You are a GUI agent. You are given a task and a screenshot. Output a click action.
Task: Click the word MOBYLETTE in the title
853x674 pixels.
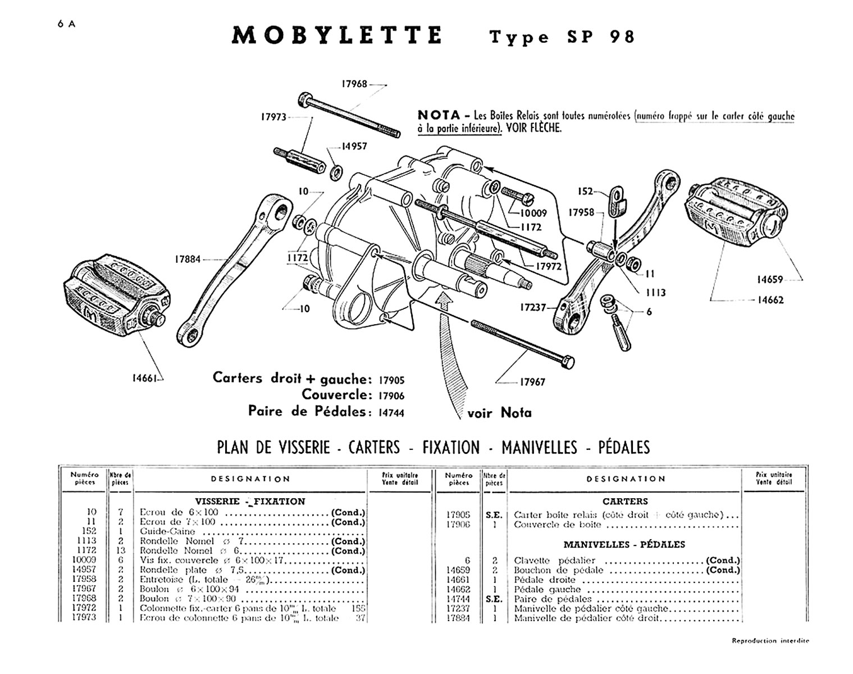pyautogui.click(x=337, y=36)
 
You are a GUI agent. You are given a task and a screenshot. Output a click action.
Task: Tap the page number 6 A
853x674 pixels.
pyautogui.click(x=66, y=24)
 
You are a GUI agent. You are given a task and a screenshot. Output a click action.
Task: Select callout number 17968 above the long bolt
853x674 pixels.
pyautogui.click(x=354, y=84)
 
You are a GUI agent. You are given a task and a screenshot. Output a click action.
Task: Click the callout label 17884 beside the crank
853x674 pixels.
pyautogui.click(x=187, y=259)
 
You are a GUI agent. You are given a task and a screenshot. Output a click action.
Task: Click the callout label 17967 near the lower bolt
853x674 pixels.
pyautogui.click(x=532, y=382)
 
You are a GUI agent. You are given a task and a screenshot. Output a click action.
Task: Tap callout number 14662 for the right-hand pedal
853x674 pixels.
pyautogui.click(x=770, y=300)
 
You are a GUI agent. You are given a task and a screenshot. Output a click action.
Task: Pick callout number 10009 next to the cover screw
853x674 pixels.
pyautogui.click(x=533, y=213)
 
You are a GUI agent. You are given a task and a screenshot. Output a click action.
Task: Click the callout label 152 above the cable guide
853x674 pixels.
pyautogui.click(x=585, y=192)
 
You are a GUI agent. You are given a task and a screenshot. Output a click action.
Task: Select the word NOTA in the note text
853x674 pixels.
pyautogui.click(x=439, y=115)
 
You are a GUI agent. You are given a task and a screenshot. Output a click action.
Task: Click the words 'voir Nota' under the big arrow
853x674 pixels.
pyautogui.click(x=499, y=413)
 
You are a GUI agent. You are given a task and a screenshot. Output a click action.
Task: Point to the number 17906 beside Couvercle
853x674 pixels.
pyautogui.click(x=391, y=396)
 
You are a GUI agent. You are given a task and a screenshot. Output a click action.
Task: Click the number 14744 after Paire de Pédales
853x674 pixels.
pyautogui.click(x=391, y=413)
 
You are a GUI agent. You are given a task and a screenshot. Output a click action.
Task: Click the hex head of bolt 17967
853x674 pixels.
pyautogui.click(x=567, y=362)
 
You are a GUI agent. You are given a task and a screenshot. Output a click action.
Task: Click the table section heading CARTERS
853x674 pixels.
pyautogui.click(x=625, y=501)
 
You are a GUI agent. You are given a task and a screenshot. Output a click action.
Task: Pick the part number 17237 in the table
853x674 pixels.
pyautogui.click(x=459, y=608)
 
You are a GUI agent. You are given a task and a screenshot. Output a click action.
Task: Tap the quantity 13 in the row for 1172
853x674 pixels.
pyautogui.click(x=120, y=550)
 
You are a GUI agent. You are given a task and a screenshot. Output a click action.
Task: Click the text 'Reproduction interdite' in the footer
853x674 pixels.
pyautogui.click(x=770, y=640)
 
